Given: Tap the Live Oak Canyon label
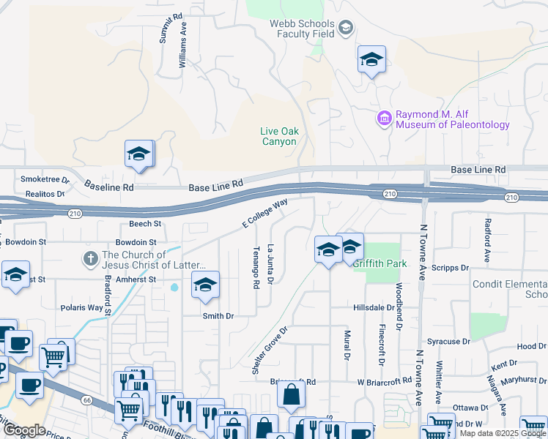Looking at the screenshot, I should (x=279, y=136).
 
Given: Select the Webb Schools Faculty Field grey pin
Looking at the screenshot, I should (x=345, y=29).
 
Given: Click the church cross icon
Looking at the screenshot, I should (x=91, y=258).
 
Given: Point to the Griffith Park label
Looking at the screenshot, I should (x=380, y=263).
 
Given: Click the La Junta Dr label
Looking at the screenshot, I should (x=270, y=264).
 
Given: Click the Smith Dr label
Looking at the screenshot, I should (x=218, y=316).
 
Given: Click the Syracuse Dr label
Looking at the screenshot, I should (x=448, y=342).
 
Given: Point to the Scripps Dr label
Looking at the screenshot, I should (x=453, y=268).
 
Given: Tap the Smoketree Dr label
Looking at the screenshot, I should (x=45, y=179).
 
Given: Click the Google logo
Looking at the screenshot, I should (x=24, y=430).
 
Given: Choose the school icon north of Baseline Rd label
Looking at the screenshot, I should (x=138, y=154).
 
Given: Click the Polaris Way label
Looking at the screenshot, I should (x=81, y=308).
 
